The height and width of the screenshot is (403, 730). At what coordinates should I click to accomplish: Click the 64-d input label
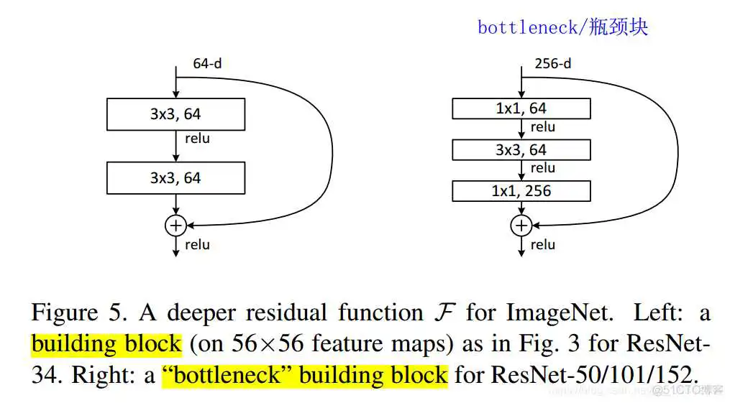(x=207, y=63)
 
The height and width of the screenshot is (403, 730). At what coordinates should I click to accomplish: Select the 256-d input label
(x=553, y=63)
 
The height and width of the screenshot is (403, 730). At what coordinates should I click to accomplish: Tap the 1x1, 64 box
(x=521, y=108)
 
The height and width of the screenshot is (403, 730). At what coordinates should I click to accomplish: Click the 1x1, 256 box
(x=521, y=191)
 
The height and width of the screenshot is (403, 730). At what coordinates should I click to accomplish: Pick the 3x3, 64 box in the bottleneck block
(x=521, y=150)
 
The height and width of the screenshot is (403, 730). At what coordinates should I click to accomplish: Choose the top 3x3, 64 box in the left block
(x=175, y=114)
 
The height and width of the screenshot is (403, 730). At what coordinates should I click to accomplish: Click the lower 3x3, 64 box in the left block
(x=175, y=177)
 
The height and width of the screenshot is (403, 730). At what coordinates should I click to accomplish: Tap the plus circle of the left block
(x=175, y=226)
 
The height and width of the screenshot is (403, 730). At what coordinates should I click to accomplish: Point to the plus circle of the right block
(x=521, y=226)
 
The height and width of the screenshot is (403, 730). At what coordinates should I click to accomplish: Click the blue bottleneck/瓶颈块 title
(x=562, y=27)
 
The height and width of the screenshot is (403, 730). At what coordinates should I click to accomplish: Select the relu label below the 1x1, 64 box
(x=543, y=127)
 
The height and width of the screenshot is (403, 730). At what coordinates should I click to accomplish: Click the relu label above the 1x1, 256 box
(x=543, y=168)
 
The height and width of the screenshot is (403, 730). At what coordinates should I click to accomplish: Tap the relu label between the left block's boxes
(x=198, y=138)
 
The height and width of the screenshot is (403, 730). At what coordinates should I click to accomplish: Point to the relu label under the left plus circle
(x=198, y=244)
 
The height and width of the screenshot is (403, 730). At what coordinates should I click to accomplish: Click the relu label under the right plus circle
(x=543, y=244)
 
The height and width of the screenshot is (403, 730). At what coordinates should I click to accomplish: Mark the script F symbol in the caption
(x=444, y=312)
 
